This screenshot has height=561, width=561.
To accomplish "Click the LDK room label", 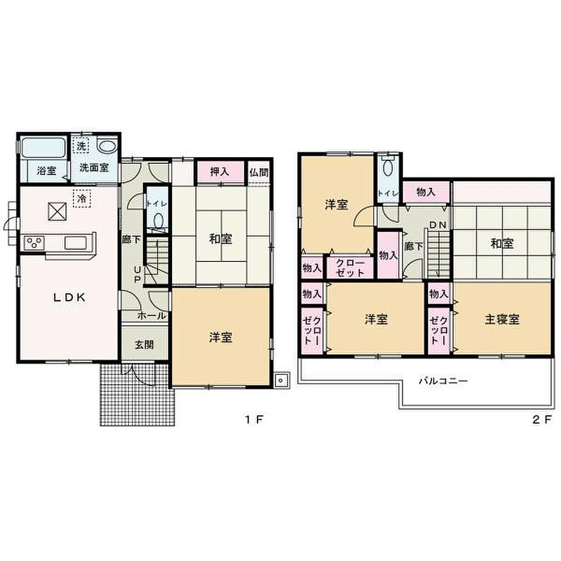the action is tap(70, 297).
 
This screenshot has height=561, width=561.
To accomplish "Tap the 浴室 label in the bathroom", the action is tap(47, 170).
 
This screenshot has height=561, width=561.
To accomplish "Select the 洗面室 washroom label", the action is tap(94, 168).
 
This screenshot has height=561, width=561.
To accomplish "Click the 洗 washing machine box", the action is tap(82, 146).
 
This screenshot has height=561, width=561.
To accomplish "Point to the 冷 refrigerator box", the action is tap(82, 198).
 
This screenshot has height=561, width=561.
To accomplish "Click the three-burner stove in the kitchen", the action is tap(34, 243).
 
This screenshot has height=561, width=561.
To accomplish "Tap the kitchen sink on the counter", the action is tap(75, 243).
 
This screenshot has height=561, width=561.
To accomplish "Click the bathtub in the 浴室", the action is tap(43, 147).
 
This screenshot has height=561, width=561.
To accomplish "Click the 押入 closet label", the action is tap(219, 171).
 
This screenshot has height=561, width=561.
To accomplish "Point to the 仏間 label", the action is tap(259, 173).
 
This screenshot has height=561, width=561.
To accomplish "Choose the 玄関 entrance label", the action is tap(144, 345).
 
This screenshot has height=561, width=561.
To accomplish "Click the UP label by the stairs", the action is tap(138, 274).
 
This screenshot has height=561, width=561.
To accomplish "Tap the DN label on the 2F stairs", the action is tap(438, 225).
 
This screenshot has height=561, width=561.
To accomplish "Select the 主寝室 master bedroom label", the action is tap(502, 319).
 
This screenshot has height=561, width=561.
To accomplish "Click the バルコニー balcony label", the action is tap(444, 380).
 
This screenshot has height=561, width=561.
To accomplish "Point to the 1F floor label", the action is tap(254, 419).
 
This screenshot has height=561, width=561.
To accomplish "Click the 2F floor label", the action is tap(542, 419).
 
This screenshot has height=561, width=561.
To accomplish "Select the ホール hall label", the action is tap(152, 316).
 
